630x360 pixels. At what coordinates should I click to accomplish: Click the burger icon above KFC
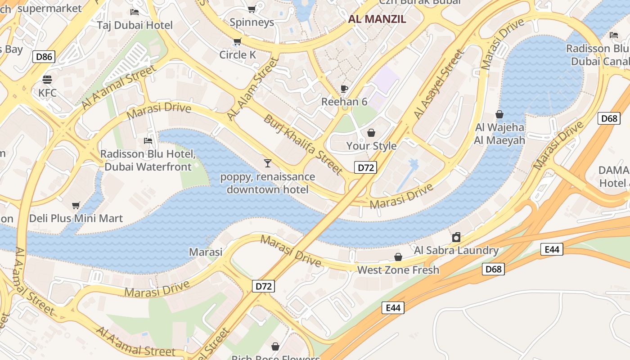click(x=47, y=80)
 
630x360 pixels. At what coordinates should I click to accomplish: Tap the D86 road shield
click(x=44, y=57)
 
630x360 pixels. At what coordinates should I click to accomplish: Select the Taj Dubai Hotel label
click(x=135, y=25)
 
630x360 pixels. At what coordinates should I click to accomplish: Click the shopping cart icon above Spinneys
click(x=252, y=9)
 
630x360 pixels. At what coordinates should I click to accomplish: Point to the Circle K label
click(x=238, y=55)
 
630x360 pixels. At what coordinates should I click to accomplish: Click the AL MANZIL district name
click(x=377, y=19)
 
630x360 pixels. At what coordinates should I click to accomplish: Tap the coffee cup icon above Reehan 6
click(x=344, y=89)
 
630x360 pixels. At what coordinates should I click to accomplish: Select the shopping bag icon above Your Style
click(x=371, y=133)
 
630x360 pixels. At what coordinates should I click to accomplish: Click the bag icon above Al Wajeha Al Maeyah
click(x=499, y=114)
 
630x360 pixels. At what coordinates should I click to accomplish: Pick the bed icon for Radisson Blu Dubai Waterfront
click(x=148, y=141)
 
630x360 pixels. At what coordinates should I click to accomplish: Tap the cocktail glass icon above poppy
click(x=268, y=163)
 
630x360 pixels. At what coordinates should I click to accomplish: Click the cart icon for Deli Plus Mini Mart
click(x=76, y=206)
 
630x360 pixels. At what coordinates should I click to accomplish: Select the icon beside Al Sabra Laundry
click(x=456, y=237)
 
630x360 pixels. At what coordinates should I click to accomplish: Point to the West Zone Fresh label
click(x=398, y=270)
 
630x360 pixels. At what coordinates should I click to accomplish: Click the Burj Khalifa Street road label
click(x=303, y=144)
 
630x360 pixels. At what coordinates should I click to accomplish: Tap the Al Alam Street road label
click(x=252, y=88)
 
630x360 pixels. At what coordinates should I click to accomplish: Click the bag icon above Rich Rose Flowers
click(x=275, y=346)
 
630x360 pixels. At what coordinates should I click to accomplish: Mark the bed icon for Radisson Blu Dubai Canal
click(x=614, y=35)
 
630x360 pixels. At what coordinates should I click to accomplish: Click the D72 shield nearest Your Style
click(x=365, y=168)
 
